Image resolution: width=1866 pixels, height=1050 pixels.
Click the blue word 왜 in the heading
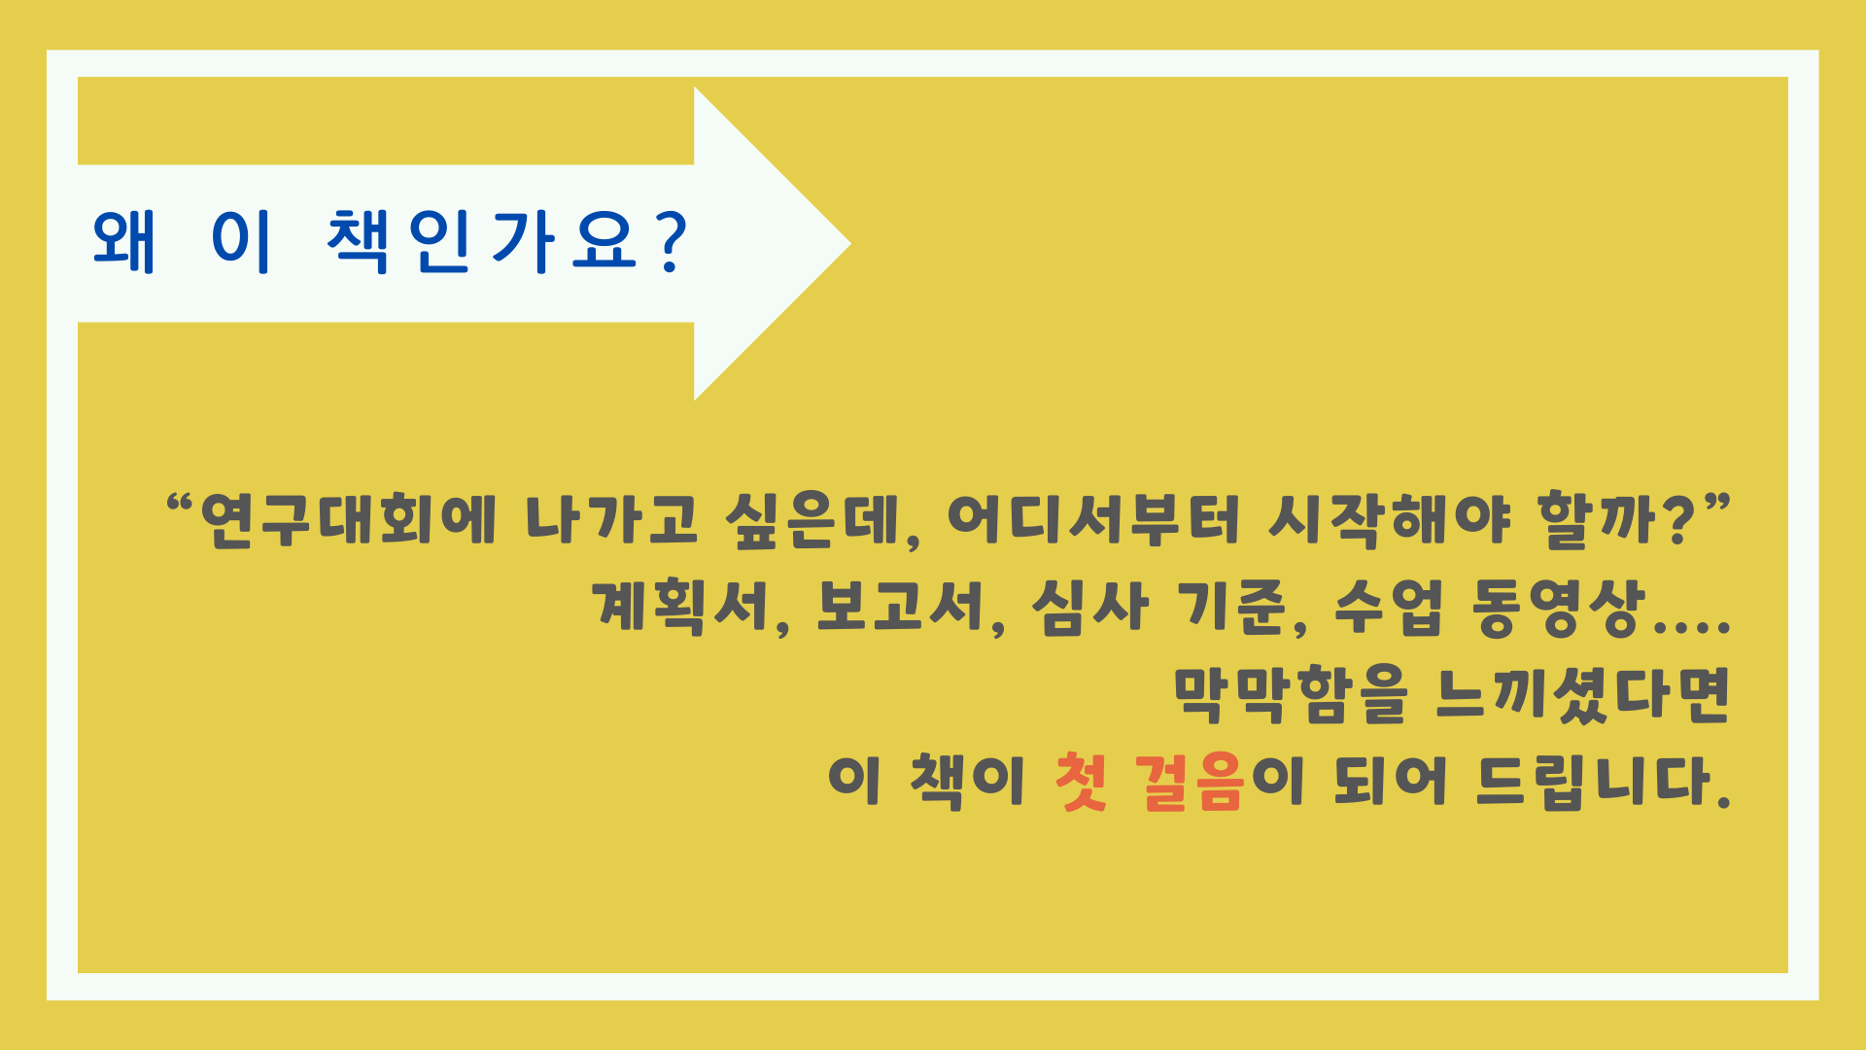[123, 241]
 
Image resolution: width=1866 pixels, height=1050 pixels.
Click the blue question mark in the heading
[672, 241]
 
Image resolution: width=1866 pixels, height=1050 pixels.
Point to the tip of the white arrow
[850, 243]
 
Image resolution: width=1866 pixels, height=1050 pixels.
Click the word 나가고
[611, 519]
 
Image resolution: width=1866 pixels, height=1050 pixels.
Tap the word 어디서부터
[1094, 519]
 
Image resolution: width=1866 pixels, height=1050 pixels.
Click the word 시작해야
[1390, 519]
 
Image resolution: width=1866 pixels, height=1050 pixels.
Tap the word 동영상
[1559, 607]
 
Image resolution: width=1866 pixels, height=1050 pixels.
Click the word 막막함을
[1291, 694]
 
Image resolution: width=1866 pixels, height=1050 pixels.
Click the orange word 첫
[1081, 782]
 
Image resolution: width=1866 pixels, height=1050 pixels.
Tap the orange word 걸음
[1190, 782]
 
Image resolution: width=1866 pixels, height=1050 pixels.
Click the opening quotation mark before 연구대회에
[180, 505]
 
